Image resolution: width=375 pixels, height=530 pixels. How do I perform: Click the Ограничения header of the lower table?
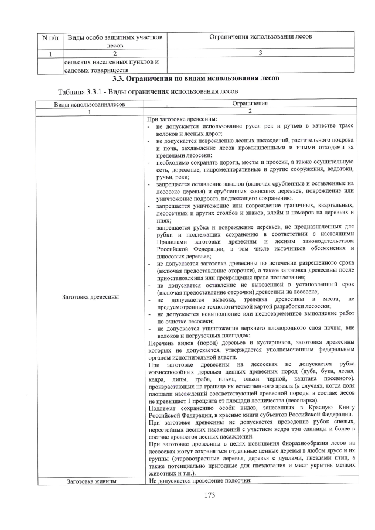coord(250,104)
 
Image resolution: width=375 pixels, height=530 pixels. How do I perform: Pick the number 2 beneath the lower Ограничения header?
coord(250,111)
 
